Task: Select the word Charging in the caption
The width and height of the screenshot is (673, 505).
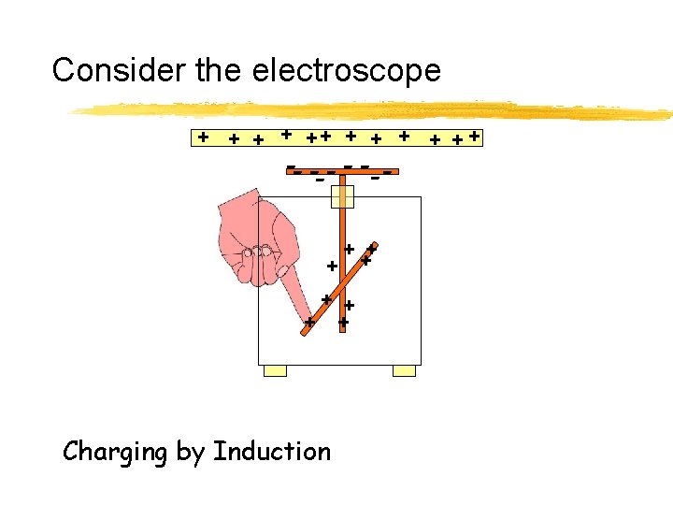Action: [116, 453]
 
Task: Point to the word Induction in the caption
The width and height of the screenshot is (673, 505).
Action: [272, 452]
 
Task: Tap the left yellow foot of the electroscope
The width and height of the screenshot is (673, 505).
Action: [275, 370]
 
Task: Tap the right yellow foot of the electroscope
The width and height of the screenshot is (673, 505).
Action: [404, 370]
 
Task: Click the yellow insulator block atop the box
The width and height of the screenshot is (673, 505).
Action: [343, 196]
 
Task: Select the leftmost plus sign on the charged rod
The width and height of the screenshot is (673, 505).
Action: [202, 137]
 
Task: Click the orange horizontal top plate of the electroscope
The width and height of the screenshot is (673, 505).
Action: [342, 172]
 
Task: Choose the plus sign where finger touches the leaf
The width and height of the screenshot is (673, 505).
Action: [309, 323]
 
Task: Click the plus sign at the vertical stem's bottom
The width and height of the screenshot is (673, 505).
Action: [343, 323]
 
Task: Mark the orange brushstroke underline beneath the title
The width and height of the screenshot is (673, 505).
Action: [374, 111]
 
